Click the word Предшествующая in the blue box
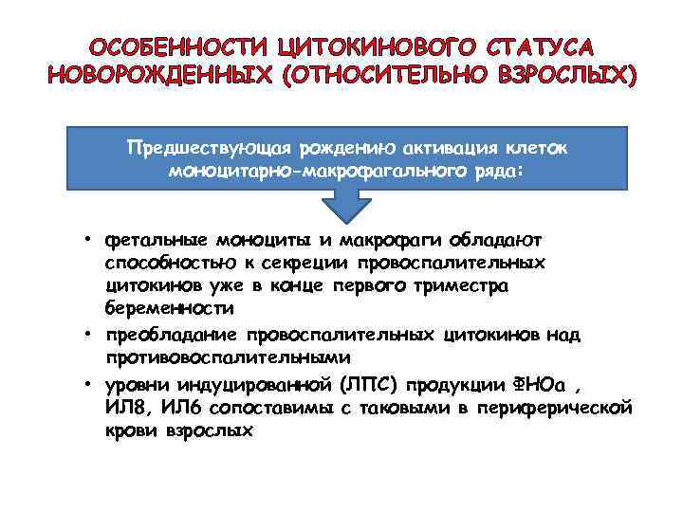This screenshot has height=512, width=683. [209, 150]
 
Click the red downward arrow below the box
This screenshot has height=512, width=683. [347, 203]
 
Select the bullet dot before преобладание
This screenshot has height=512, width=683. [85, 335]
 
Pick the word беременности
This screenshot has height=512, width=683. [169, 309]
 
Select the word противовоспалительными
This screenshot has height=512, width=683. [228, 358]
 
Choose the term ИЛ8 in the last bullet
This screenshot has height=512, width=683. [128, 408]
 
